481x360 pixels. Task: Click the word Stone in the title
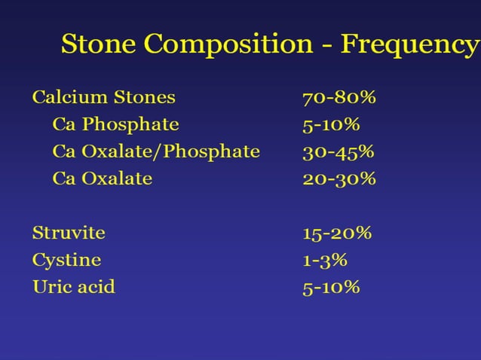(99, 44)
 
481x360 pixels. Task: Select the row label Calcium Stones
(103, 97)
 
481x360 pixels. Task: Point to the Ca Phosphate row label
(115, 124)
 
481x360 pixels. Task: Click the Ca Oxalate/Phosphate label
(156, 151)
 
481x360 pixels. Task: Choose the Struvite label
(69, 233)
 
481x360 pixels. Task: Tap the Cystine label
(66, 261)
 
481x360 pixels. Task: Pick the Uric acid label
(74, 287)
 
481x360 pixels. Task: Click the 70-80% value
(339, 98)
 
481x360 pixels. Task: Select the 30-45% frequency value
(339, 152)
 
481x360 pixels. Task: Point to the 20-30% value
(339, 179)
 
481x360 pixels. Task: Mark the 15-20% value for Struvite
(337, 233)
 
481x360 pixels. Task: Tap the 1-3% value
(325, 261)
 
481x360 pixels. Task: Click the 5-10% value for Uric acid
(332, 288)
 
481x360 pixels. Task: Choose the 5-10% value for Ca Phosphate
(332, 125)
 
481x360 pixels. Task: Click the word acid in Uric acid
(97, 287)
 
